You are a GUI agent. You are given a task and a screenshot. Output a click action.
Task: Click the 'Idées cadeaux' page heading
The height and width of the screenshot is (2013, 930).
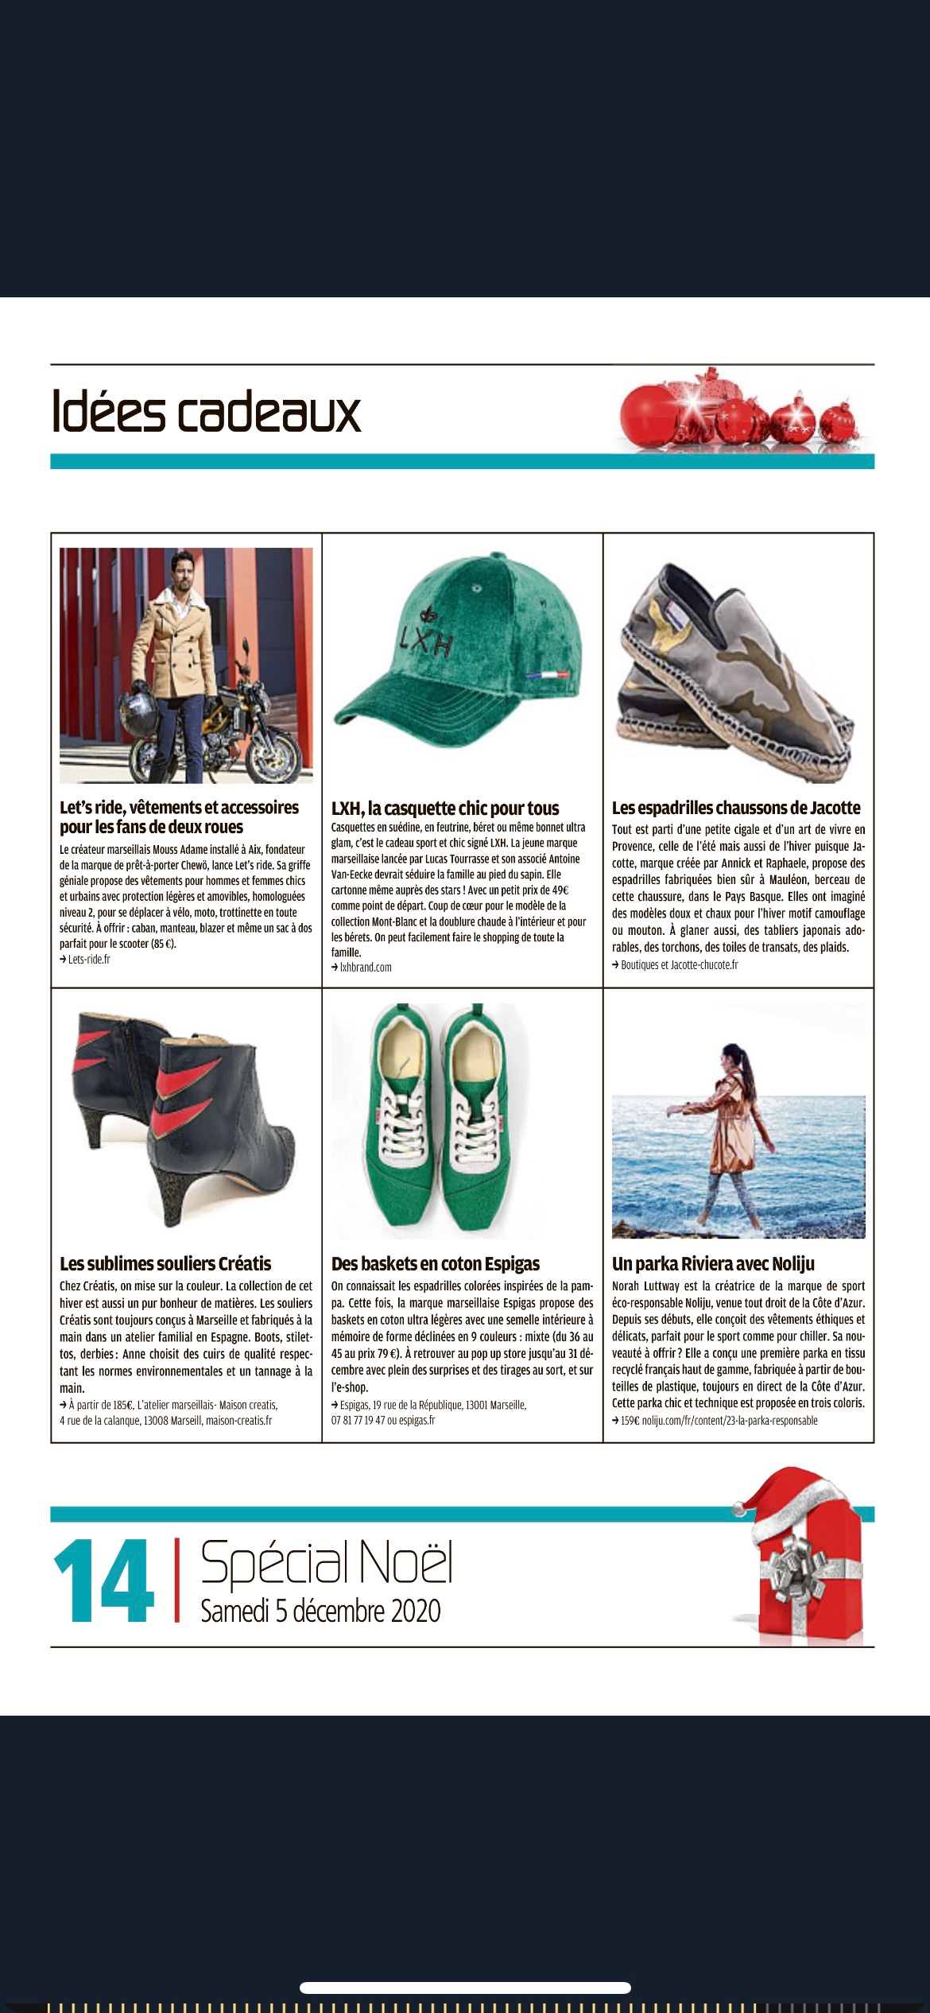(x=207, y=411)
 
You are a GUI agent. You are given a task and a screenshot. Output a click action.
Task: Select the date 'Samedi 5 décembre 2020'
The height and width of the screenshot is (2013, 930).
(x=320, y=1610)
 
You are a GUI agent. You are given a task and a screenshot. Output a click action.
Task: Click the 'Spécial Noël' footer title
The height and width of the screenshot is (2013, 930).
(x=326, y=1561)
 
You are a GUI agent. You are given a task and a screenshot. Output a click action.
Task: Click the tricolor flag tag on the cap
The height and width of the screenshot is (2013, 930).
(x=548, y=675)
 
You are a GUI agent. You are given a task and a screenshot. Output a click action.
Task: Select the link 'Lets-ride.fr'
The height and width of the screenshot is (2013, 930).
(x=89, y=960)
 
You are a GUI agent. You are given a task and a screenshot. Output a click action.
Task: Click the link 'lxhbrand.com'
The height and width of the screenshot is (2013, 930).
(x=366, y=968)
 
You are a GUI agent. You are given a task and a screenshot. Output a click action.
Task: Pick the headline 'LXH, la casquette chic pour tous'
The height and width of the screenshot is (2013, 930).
(x=445, y=809)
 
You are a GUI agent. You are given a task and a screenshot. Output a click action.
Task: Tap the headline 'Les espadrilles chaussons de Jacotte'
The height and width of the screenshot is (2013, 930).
(x=736, y=808)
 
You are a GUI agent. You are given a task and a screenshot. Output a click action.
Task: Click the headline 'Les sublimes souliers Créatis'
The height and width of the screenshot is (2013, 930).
(x=165, y=1263)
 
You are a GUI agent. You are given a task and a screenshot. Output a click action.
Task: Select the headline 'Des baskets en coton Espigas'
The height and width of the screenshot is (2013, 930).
(x=436, y=1263)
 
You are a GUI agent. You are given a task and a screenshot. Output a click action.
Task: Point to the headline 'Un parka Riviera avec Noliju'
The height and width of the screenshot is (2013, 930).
(x=713, y=1263)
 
